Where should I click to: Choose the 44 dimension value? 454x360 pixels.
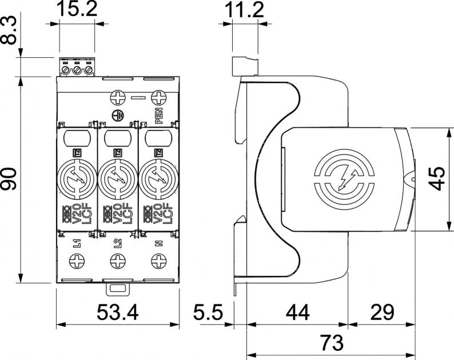click(297, 313)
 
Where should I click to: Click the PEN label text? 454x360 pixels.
click(158, 116)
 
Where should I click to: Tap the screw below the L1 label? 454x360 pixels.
click(77, 262)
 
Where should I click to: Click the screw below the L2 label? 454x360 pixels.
click(117, 262)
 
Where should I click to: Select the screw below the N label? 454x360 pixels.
click(158, 262)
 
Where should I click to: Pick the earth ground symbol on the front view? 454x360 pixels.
click(117, 115)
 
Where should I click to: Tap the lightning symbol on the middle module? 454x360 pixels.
click(117, 179)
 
